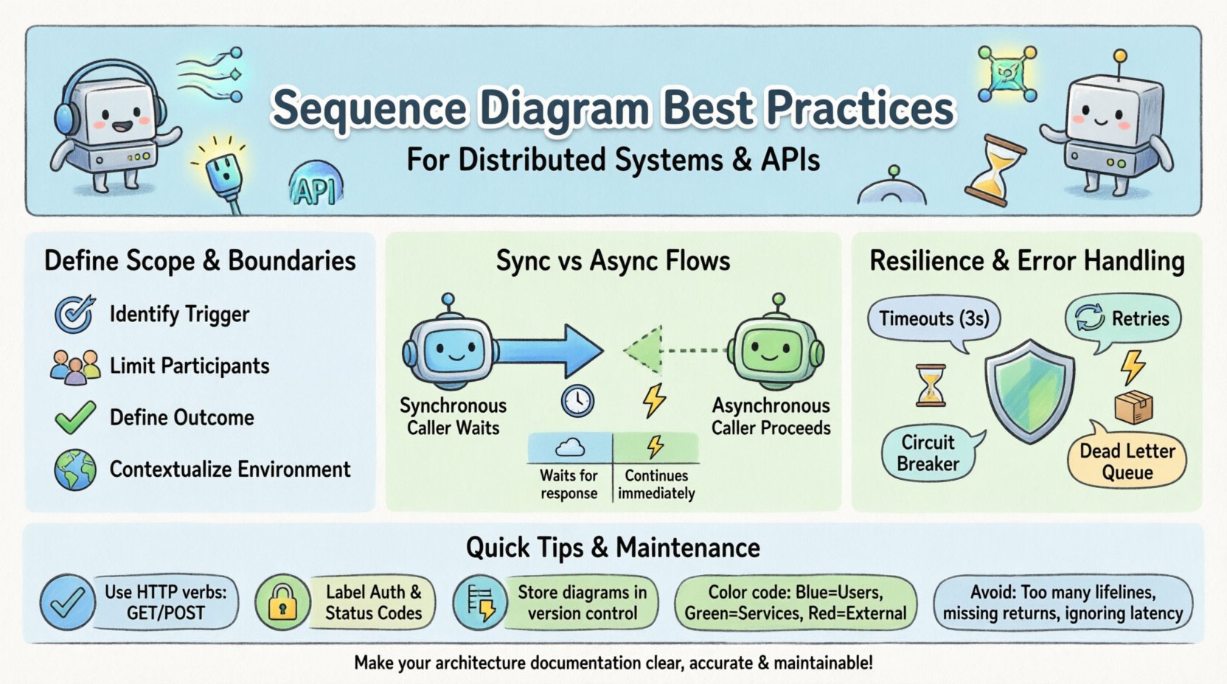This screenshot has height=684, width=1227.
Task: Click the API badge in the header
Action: [x=316, y=186]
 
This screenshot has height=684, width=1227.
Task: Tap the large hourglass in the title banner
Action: [x=995, y=170]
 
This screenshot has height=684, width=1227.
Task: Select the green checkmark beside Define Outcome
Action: [x=75, y=417]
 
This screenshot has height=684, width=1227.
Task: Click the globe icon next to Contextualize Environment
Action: [x=75, y=470]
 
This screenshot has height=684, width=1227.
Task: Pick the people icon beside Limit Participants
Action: [x=75, y=366]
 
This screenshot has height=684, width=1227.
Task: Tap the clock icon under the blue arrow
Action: [x=577, y=402]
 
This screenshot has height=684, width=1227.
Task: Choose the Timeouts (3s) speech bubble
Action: [x=934, y=319]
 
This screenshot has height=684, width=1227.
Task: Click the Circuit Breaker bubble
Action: [x=928, y=453]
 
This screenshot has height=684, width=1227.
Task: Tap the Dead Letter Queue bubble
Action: [x=1127, y=461]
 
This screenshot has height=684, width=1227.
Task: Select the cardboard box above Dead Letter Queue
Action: [x=1133, y=407]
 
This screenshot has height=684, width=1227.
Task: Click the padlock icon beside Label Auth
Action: [x=282, y=602]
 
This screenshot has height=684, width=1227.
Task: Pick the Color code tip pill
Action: [x=795, y=603]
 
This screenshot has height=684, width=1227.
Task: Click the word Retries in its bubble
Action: [x=1140, y=319]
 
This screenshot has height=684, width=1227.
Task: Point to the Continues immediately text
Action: [x=656, y=485]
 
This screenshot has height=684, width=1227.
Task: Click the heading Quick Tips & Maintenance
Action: [x=613, y=548]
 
